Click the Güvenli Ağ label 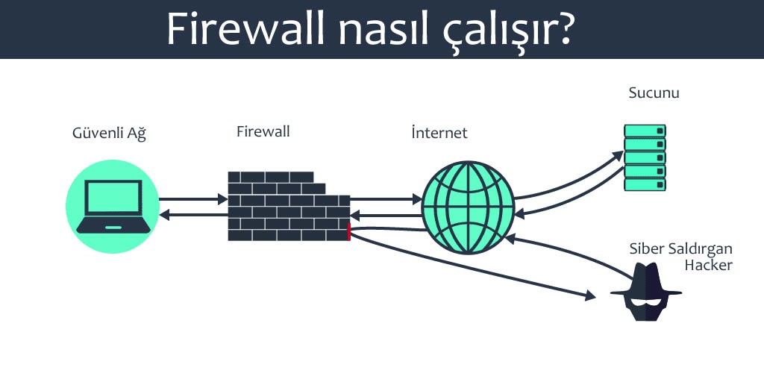point(109,134)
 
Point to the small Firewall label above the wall point(263,132)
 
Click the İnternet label point(439,134)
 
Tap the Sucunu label point(654,93)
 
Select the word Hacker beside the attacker point(708,265)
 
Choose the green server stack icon point(645,157)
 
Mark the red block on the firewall point(349,231)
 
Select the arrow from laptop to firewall point(192,199)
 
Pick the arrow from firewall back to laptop point(192,216)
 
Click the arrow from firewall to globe point(385,199)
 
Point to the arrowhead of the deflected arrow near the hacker point(590,296)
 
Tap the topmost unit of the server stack point(645,131)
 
